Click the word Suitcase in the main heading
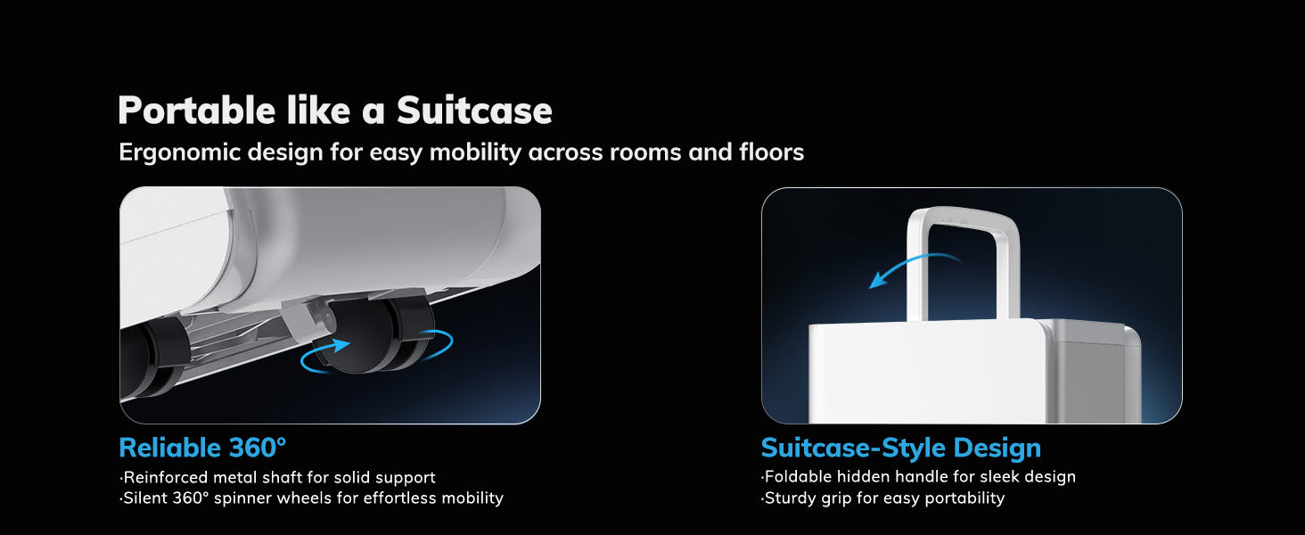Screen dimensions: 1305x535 (x=474, y=111)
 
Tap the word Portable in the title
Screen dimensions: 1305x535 (x=196, y=110)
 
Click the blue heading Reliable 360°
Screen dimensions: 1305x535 (x=202, y=448)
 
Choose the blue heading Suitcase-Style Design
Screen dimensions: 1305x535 (x=900, y=448)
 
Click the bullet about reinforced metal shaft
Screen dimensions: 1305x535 (x=277, y=477)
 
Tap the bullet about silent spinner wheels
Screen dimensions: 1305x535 (x=311, y=498)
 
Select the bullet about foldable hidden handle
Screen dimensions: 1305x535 (x=918, y=477)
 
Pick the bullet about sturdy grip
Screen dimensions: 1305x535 (x=882, y=498)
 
